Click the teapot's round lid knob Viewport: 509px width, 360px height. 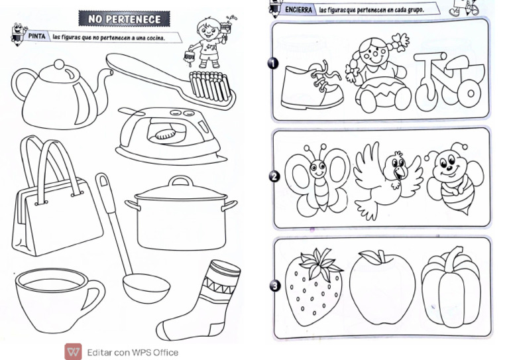[x=59, y=64]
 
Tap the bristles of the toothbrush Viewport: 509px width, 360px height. [x=209, y=86]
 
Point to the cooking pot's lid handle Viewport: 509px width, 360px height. [x=180, y=180]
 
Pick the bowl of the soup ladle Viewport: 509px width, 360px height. [x=146, y=288]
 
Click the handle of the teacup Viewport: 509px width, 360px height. [x=95, y=294]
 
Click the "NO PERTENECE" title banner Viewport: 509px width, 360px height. [x=125, y=19]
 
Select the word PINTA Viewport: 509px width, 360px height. [x=36, y=36]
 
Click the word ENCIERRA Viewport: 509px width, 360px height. [x=298, y=10]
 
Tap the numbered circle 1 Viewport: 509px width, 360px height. [x=273, y=63]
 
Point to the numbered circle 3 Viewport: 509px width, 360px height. [x=275, y=286]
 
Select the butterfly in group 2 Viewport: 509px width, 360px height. [x=317, y=180]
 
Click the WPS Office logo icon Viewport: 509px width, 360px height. [x=73, y=352]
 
